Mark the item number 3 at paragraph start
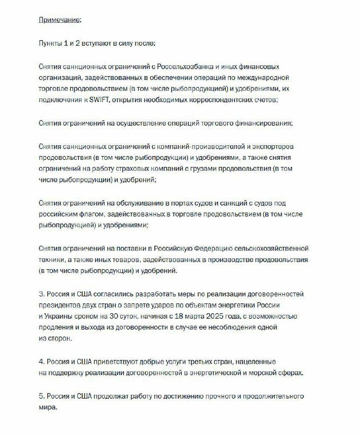[x=42, y=293]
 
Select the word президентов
[x=63, y=304]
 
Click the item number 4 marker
[x=42, y=361]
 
